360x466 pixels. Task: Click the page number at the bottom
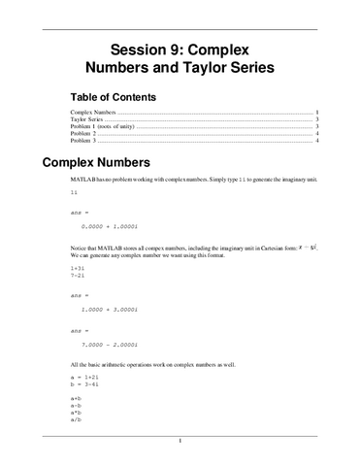coord(180,442)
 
